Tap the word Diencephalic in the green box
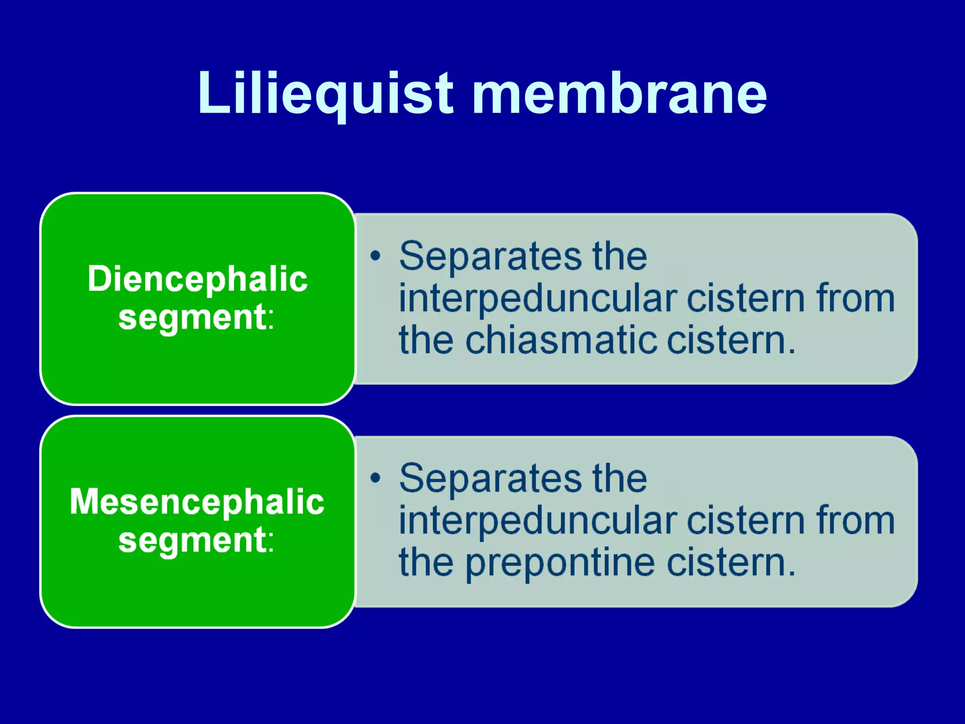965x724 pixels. pyautogui.click(x=197, y=279)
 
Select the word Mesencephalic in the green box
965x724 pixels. pyautogui.click(x=197, y=502)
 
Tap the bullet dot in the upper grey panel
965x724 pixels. pyautogui.click(x=375, y=256)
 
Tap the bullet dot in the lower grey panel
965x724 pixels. pyautogui.click(x=375, y=478)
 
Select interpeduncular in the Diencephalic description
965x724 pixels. pyautogui.click(x=538, y=299)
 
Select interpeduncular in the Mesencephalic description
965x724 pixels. pyautogui.click(x=538, y=521)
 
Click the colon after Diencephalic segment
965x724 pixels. pyautogui.click(x=271, y=320)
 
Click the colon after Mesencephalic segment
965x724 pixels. pyautogui.click(x=271, y=542)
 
